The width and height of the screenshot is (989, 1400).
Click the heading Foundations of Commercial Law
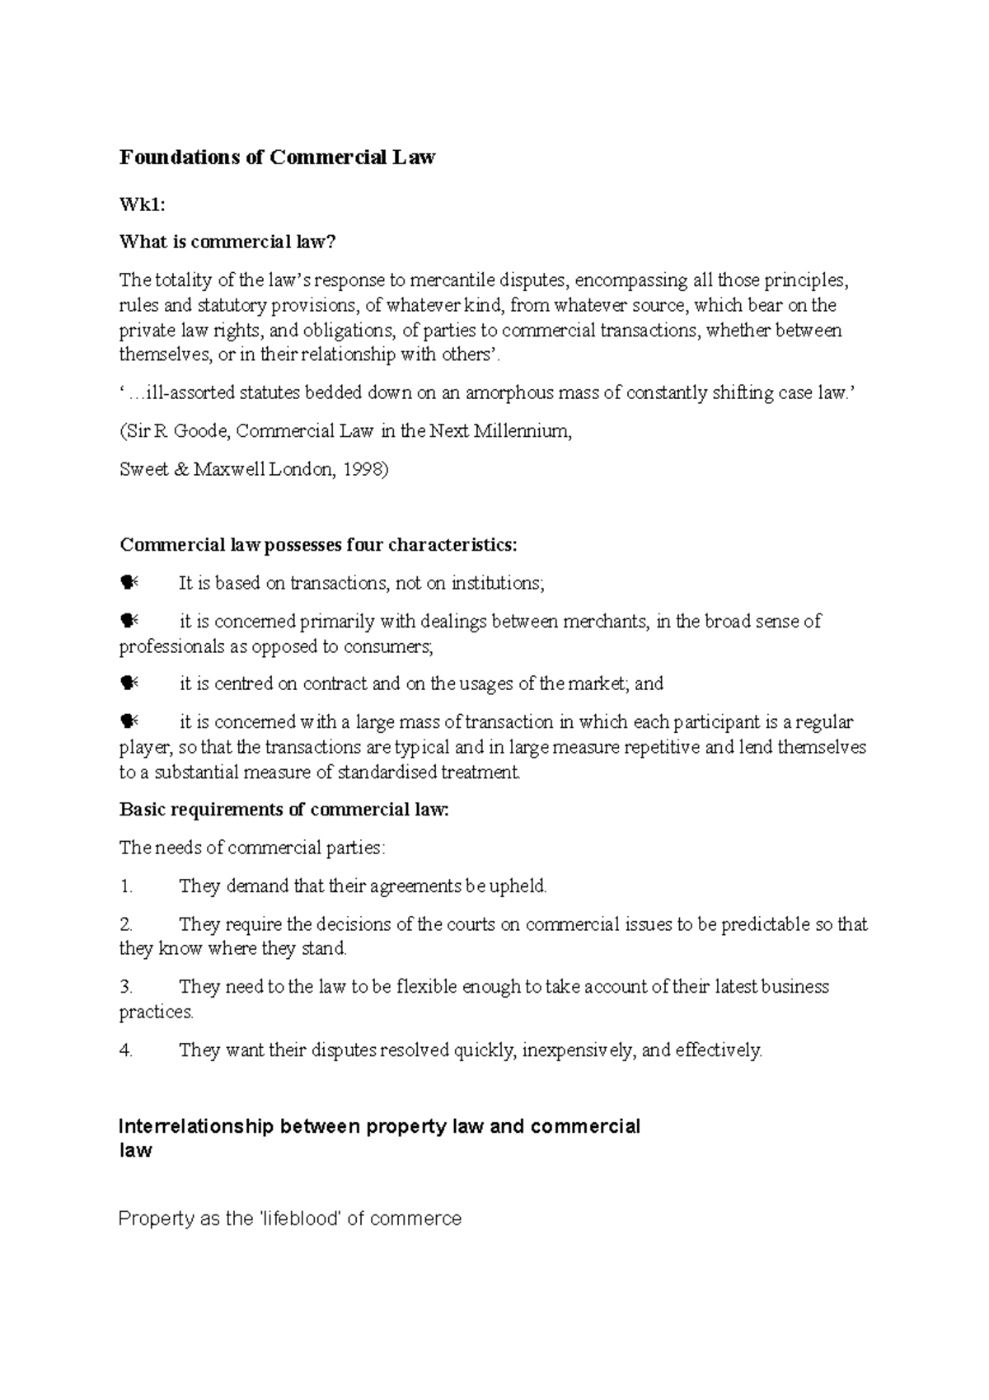click(277, 157)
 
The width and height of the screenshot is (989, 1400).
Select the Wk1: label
click(136, 204)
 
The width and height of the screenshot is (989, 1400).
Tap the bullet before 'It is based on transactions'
click(129, 583)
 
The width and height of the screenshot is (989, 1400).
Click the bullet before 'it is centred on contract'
click(129, 684)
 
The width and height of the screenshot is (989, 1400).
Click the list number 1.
click(125, 886)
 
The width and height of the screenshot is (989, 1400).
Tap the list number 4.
click(125, 1050)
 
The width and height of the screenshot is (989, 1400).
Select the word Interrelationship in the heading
click(195, 1127)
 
